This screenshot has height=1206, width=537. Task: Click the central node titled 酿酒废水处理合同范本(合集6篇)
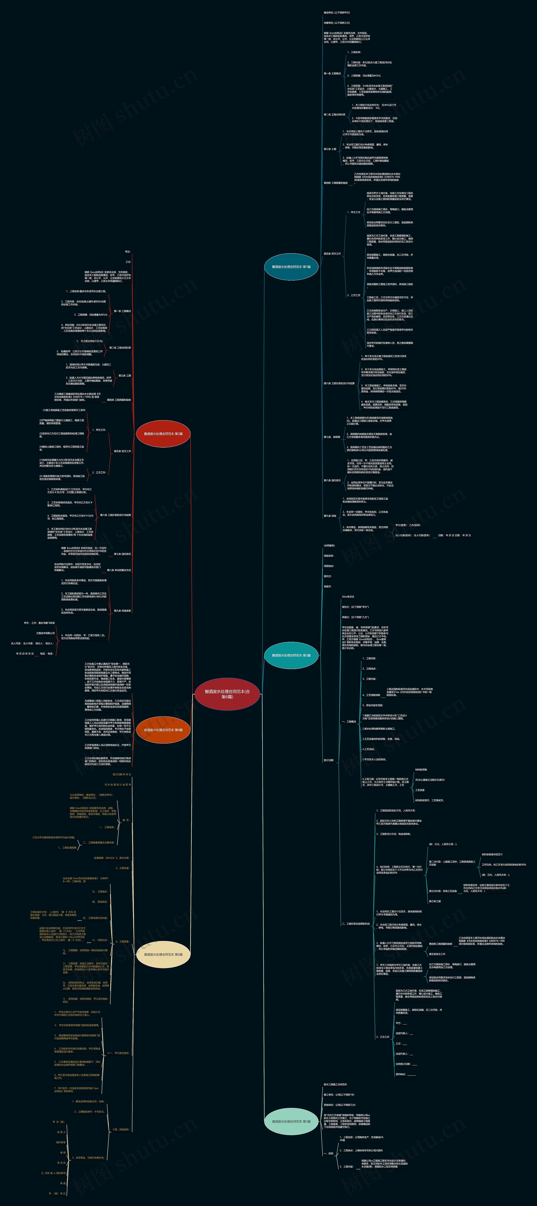tap(227, 694)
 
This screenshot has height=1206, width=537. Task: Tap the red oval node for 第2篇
tap(163, 434)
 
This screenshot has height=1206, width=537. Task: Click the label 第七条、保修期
tap(332, 437)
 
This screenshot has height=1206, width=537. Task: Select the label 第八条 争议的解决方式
tap(119, 570)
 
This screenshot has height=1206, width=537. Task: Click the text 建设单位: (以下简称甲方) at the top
tap(337, 13)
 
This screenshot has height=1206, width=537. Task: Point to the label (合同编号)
tap(329, 546)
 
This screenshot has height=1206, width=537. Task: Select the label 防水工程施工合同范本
tap(335, 1084)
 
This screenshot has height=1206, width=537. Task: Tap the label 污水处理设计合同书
tap(117, 785)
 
